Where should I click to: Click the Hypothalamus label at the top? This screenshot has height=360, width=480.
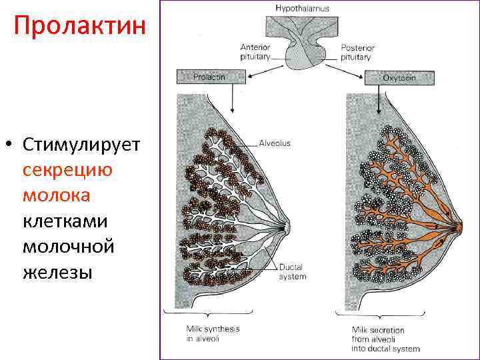coord(302,8)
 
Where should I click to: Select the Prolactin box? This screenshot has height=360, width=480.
coord(209,77)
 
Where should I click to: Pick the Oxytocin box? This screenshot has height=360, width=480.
coord(399,77)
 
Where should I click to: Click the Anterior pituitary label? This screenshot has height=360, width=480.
coord(255,52)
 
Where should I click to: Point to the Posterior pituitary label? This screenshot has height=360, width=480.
coord(357,52)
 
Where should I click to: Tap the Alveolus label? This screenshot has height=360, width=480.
coord(275,143)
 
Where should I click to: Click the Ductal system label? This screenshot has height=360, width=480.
coord(293,272)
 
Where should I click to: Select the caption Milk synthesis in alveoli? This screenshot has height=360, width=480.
coord(213,333)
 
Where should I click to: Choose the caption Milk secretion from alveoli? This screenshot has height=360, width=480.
coord(385,339)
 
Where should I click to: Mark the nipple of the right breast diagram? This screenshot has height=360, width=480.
coord(460,227)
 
